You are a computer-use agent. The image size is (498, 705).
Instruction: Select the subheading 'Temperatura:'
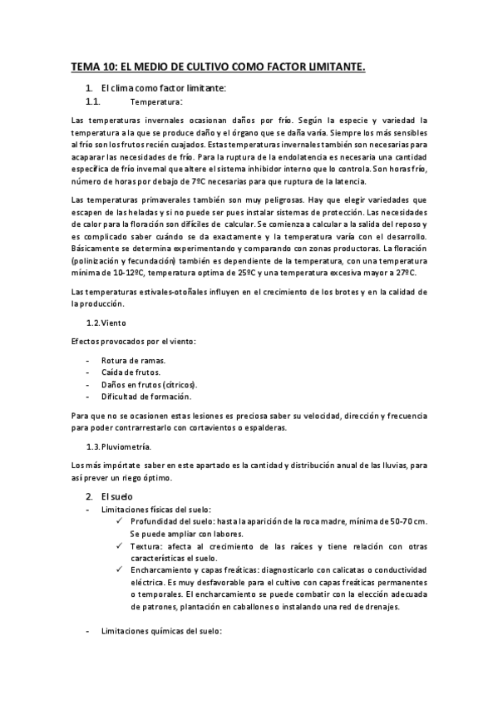[x=156, y=102]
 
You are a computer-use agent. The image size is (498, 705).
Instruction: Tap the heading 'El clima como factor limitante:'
[x=163, y=88]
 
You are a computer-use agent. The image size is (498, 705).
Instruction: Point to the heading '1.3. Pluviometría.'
[x=119, y=446]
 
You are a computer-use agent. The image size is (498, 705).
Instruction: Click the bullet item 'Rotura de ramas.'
[x=133, y=360]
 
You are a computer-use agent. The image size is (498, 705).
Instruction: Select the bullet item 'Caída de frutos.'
[x=131, y=372]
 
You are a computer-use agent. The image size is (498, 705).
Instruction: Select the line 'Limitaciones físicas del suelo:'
[x=155, y=509]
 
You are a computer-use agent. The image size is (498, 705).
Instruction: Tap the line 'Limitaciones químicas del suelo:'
[x=160, y=632]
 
